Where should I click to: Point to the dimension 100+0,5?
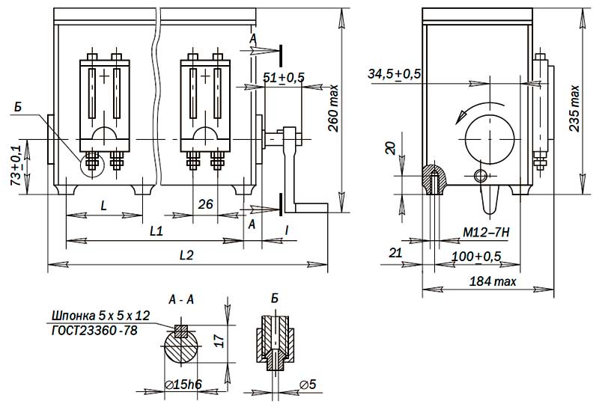478,257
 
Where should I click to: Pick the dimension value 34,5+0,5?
395,74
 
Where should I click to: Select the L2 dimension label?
186,254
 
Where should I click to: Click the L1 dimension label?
156,231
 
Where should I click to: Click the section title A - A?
182,299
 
